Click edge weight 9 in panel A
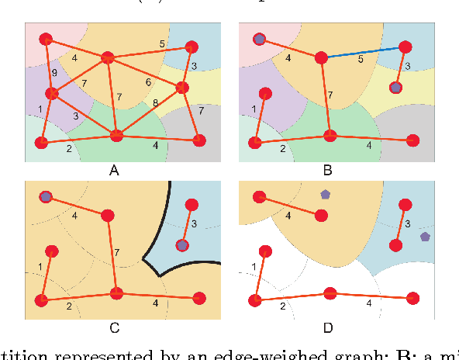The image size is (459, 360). pyautogui.click(x=53, y=73)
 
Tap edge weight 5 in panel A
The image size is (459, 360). pyautogui.click(x=161, y=43)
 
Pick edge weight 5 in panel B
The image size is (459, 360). pyautogui.click(x=361, y=58)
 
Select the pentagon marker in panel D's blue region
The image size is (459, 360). pyautogui.click(x=425, y=236)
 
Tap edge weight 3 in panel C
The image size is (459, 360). pyautogui.click(x=194, y=224)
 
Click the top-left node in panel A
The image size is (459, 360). pyautogui.click(x=46, y=38)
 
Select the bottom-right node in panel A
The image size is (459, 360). pyautogui.click(x=199, y=140)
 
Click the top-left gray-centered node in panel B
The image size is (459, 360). pyautogui.click(x=260, y=39)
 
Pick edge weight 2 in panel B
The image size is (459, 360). pyautogui.click(x=282, y=147)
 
